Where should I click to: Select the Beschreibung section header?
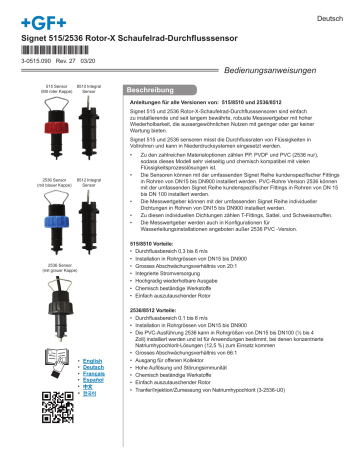[156, 91]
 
